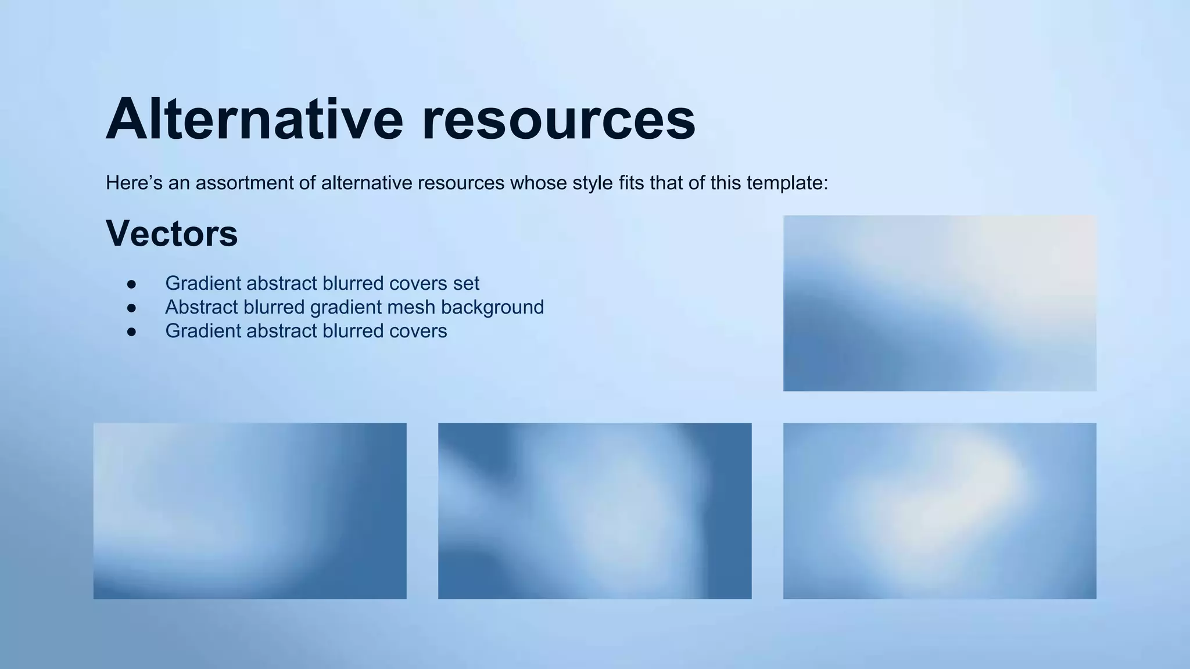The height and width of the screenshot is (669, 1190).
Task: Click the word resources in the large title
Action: pos(558,120)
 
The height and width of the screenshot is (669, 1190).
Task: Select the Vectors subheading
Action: pos(171,233)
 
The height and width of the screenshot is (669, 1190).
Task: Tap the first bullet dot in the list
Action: pos(131,284)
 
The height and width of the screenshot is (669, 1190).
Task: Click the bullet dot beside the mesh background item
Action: pos(131,307)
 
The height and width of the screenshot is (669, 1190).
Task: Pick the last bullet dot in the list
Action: pos(131,331)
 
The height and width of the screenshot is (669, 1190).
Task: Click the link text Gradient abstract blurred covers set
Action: pos(322,283)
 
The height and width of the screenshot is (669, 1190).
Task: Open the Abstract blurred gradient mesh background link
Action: pos(354,307)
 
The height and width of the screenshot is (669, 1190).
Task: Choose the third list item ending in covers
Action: pos(306,331)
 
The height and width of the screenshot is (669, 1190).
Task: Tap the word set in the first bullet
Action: pos(468,283)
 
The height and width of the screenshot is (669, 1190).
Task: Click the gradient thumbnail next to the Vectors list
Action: pos(940,303)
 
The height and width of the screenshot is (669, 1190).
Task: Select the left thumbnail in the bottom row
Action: pos(250,510)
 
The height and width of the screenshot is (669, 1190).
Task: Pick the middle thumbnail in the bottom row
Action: pos(594,510)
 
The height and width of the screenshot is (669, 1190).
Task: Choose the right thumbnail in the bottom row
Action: pos(940,510)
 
